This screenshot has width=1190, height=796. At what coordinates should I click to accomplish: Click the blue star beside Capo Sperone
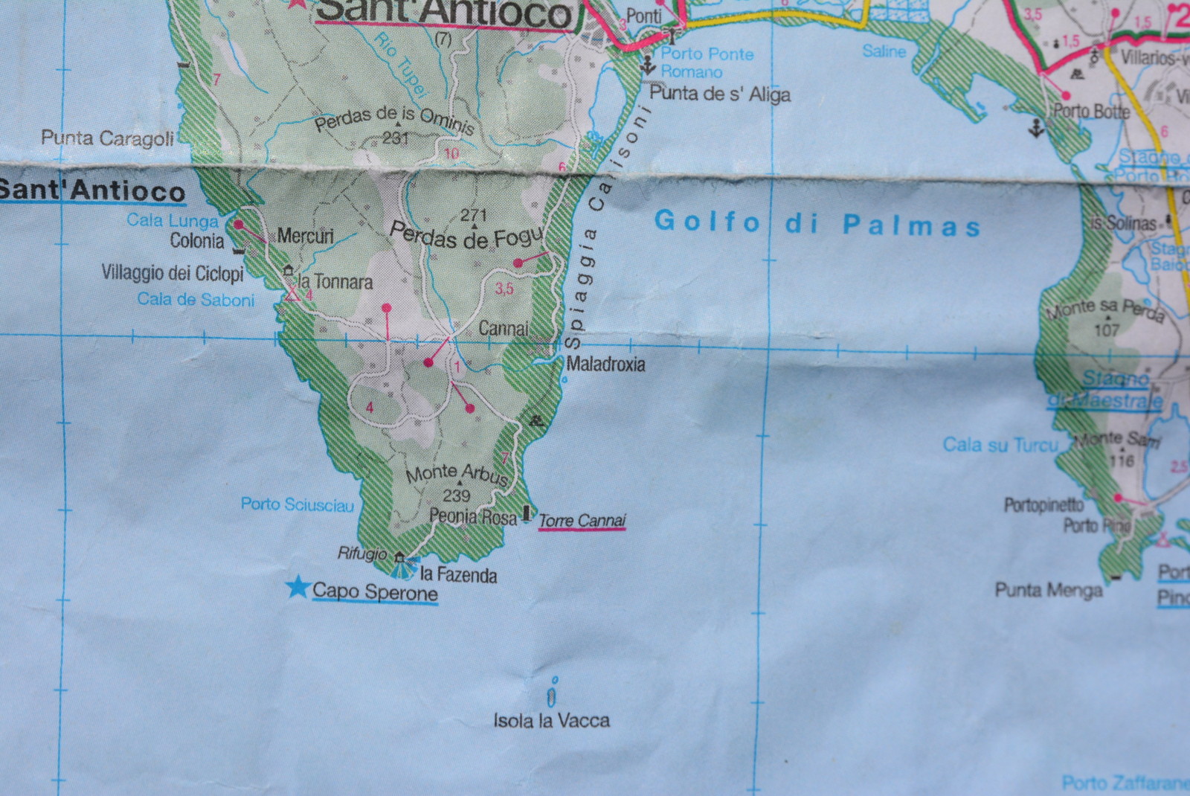click(x=298, y=587)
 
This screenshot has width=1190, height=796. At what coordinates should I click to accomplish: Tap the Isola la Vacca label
click(x=551, y=720)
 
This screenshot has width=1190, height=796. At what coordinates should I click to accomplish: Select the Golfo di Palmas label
click(x=817, y=224)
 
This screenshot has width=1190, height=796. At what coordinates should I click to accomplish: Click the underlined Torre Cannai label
click(x=582, y=521)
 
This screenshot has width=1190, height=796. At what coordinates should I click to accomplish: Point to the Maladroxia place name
click(x=605, y=364)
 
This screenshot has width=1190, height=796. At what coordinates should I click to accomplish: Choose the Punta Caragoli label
click(x=107, y=138)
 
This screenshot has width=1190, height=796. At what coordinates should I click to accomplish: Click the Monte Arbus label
click(x=457, y=474)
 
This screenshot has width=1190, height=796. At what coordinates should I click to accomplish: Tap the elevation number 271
click(x=473, y=215)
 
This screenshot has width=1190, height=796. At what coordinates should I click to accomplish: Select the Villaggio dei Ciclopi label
click(x=173, y=273)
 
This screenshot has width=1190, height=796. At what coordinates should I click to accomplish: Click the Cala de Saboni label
click(x=196, y=300)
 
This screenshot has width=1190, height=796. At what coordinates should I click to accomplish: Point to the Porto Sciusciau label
click(x=297, y=504)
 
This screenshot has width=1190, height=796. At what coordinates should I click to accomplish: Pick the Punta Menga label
click(x=1048, y=591)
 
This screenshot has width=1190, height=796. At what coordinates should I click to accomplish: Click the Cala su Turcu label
click(x=1000, y=445)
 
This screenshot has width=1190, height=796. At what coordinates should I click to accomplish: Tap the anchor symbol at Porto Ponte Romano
click(x=648, y=66)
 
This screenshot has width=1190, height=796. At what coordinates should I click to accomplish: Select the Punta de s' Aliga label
click(x=719, y=94)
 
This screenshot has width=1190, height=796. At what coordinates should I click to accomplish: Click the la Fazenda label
click(x=458, y=574)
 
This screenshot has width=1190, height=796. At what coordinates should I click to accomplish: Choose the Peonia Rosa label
click(x=472, y=516)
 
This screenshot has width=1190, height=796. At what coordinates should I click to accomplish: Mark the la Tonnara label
click(x=335, y=282)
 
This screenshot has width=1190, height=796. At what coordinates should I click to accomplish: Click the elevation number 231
click(x=395, y=138)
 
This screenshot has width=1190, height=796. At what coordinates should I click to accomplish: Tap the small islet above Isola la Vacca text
click(x=551, y=697)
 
